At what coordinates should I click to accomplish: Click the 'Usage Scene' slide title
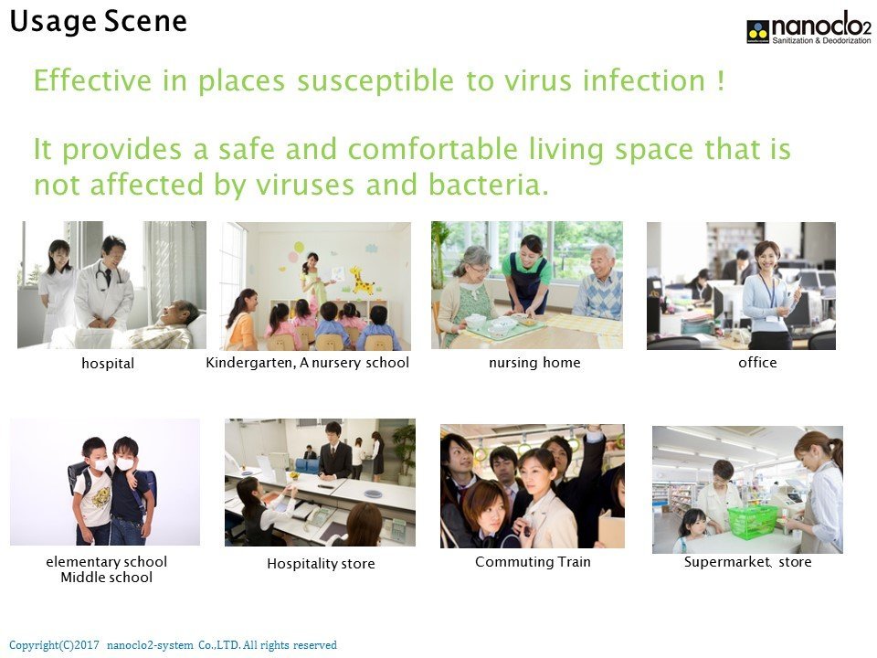coord(98,22)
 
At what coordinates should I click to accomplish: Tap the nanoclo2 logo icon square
coord(758,31)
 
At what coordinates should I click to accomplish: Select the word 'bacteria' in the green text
coord(489,184)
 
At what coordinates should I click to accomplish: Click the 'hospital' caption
coord(108,363)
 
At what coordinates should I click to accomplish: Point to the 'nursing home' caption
coord(534,363)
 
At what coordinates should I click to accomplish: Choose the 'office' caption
coord(757,363)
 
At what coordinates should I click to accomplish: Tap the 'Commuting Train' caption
coord(533,562)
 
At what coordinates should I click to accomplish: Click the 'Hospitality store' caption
coord(321,564)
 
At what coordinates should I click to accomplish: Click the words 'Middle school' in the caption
coord(106,578)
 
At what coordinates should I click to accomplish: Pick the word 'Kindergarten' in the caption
coord(250,363)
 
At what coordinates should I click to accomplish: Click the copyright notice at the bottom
coord(173,645)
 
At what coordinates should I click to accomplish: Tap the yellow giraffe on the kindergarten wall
coord(362,281)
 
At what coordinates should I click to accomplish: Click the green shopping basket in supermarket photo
coord(752,522)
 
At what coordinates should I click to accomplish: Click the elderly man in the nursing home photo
coord(599,282)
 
